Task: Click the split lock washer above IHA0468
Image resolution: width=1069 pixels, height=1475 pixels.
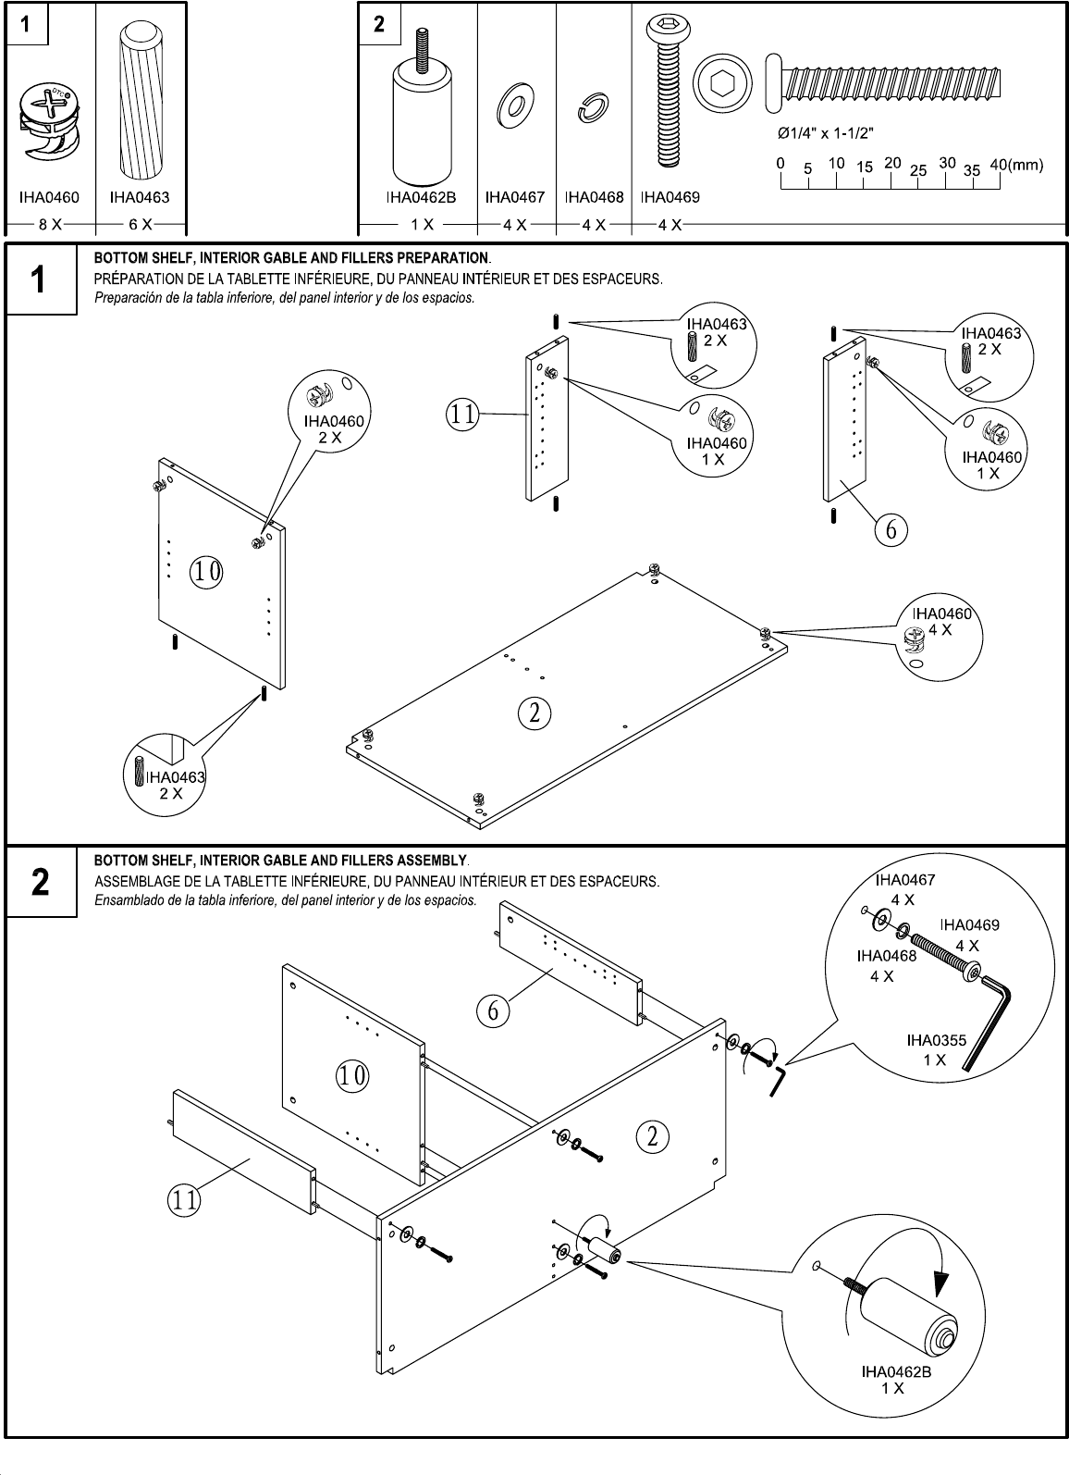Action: coord(591,109)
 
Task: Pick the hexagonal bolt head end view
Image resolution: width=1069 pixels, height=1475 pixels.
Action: coord(719,86)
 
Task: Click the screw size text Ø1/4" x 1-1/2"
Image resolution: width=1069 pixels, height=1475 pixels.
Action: coord(827,132)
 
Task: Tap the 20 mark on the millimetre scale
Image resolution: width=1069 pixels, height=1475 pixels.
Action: coord(892,163)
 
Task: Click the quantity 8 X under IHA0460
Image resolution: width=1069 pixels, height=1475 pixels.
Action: coord(50,225)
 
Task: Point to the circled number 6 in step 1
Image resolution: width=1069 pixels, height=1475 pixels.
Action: coord(891,529)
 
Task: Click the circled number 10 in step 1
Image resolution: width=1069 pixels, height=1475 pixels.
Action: coord(206,573)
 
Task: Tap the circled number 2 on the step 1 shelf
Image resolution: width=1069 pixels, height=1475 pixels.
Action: coord(534,713)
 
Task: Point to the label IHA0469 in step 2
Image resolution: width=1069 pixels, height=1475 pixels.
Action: coord(969,924)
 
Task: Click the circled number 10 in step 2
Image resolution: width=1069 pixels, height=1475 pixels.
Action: coord(352,1075)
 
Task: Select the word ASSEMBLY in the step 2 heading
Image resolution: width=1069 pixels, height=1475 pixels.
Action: coord(431,861)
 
